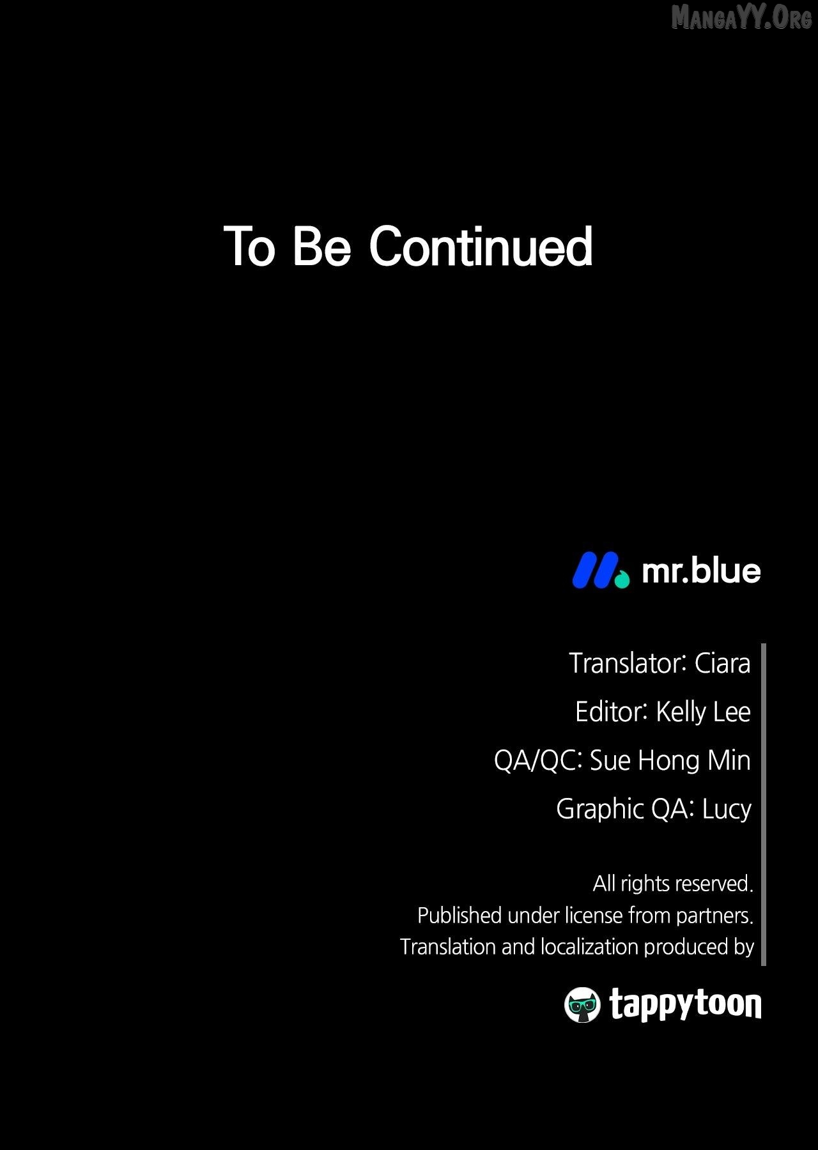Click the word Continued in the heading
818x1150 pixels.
click(481, 246)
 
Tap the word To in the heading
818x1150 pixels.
click(249, 247)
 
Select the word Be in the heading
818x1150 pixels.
click(321, 247)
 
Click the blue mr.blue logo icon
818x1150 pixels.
click(600, 570)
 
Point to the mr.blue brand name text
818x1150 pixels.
click(701, 571)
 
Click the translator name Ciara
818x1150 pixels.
click(722, 663)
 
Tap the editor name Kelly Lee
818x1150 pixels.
click(703, 712)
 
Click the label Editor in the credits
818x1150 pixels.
click(611, 712)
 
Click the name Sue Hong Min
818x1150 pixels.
click(670, 760)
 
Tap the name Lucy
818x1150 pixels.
click(727, 809)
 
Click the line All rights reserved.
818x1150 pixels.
click(673, 884)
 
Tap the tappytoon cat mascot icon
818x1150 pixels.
click(582, 1005)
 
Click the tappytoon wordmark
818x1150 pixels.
click(685, 1005)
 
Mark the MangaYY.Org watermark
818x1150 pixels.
click(741, 17)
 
